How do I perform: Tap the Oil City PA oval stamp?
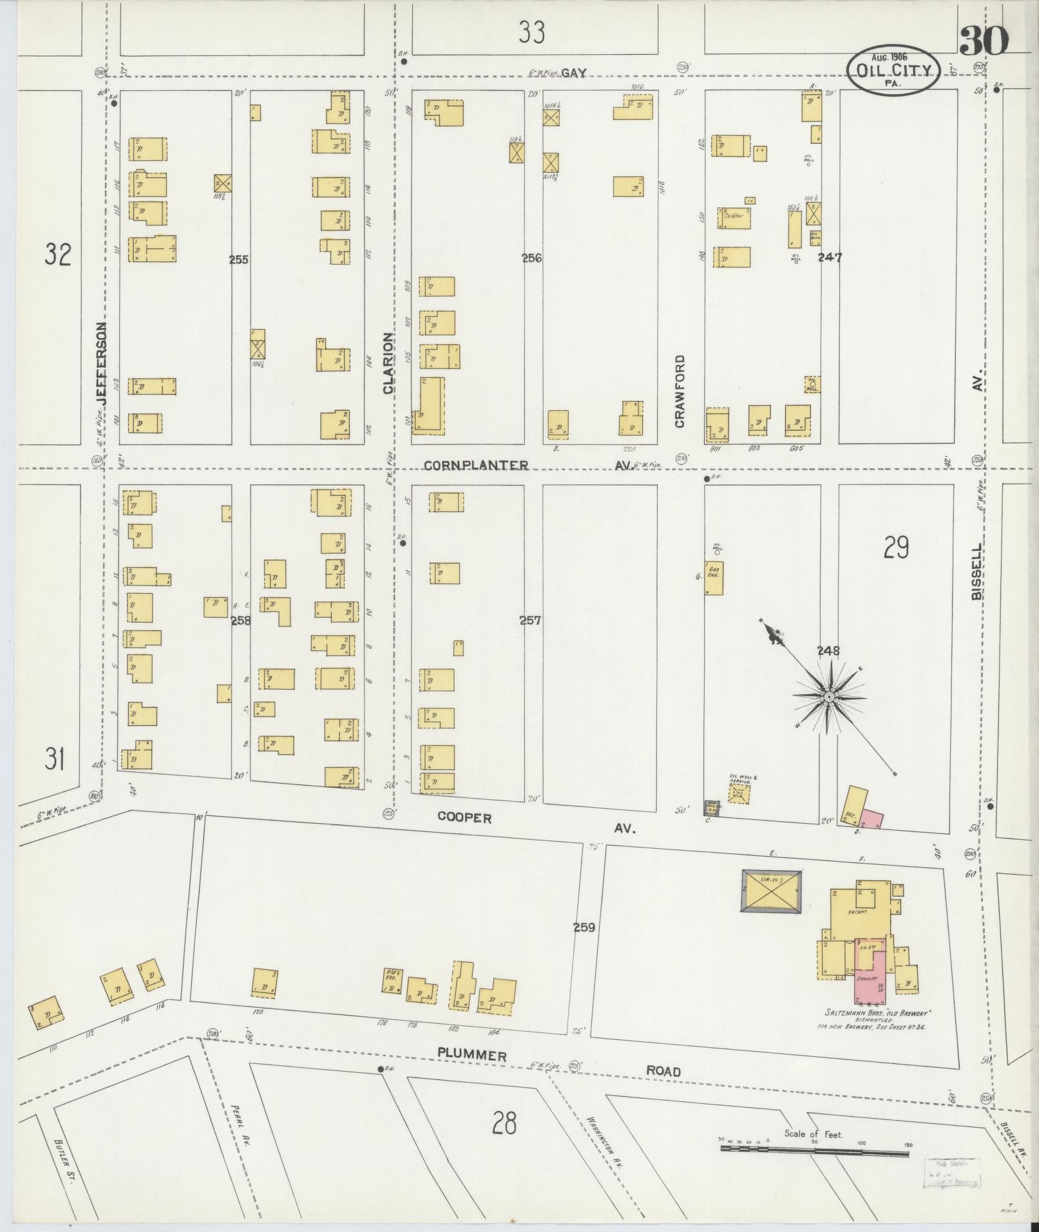[893, 71]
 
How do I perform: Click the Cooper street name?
[464, 818]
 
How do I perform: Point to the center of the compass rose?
[829, 697]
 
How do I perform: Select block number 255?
[238, 260]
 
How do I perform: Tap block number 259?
[584, 927]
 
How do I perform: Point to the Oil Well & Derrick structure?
[739, 793]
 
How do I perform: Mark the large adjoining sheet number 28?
[504, 1124]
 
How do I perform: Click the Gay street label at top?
[573, 73]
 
